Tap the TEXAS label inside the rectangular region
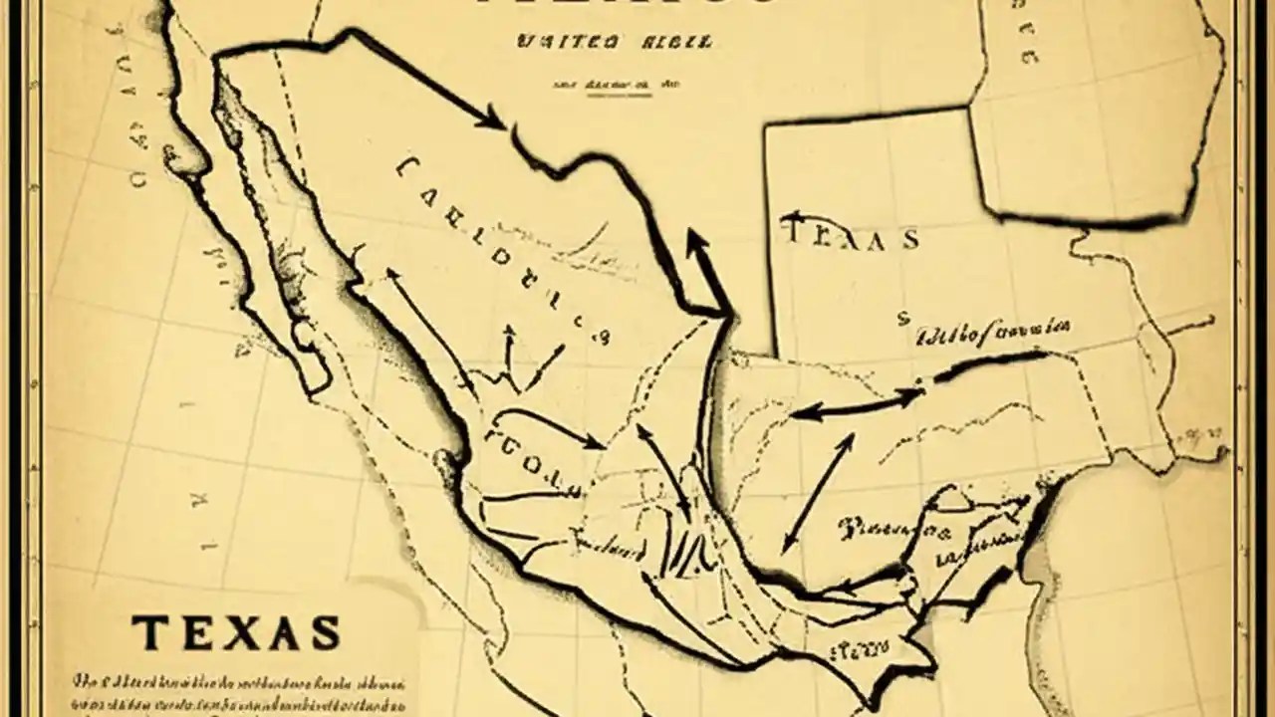852,237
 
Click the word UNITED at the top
565,44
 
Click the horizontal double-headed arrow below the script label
858,404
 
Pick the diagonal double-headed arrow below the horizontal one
818,493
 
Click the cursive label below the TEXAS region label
992,331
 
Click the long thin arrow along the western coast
429,330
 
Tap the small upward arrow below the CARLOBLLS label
509,349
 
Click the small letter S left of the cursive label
902,320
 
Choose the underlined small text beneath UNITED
602,86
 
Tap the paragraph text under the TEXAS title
239,691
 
